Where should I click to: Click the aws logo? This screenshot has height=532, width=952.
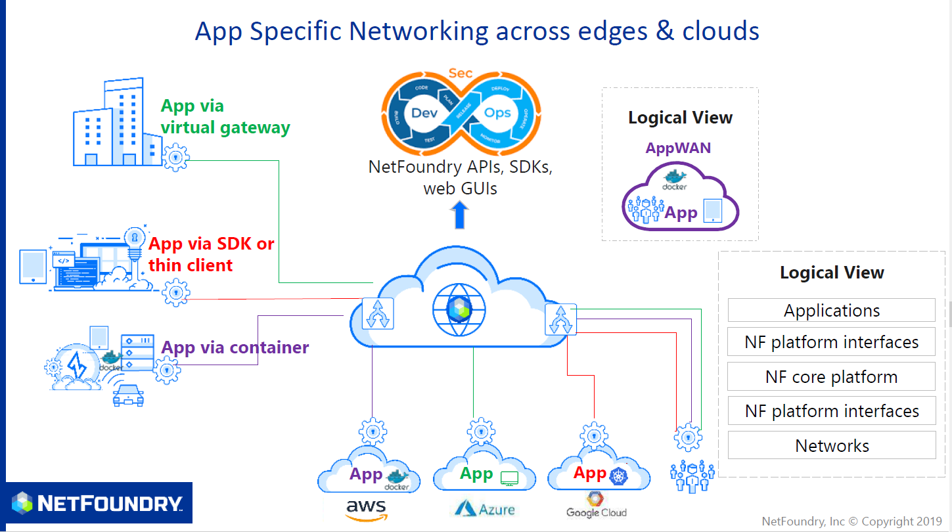pyautogui.click(x=366, y=510)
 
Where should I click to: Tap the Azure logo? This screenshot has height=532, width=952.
pyautogui.click(x=483, y=508)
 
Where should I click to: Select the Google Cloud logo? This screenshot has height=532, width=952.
pyautogui.click(x=596, y=505)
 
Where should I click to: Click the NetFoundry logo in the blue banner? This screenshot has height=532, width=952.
pyautogui.click(x=97, y=503)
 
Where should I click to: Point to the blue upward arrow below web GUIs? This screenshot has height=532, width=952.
pyautogui.click(x=461, y=215)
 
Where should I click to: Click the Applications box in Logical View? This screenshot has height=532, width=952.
pyautogui.click(x=831, y=310)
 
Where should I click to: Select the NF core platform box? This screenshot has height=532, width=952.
pyautogui.click(x=831, y=377)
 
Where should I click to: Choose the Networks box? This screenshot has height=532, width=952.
pyautogui.click(x=831, y=446)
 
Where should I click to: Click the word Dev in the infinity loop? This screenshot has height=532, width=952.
pyautogui.click(x=424, y=112)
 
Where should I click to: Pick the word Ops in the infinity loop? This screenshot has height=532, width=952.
pyautogui.click(x=497, y=112)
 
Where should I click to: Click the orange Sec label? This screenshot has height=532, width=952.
pyautogui.click(x=461, y=73)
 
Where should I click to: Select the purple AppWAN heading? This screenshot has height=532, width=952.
pyautogui.click(x=678, y=148)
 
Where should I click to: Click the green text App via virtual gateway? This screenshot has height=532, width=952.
pyautogui.click(x=225, y=116)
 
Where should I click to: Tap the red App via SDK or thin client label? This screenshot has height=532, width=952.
pyautogui.click(x=211, y=255)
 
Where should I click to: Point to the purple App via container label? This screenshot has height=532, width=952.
pyautogui.click(x=235, y=347)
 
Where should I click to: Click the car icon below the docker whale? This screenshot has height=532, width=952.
pyautogui.click(x=128, y=395)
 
